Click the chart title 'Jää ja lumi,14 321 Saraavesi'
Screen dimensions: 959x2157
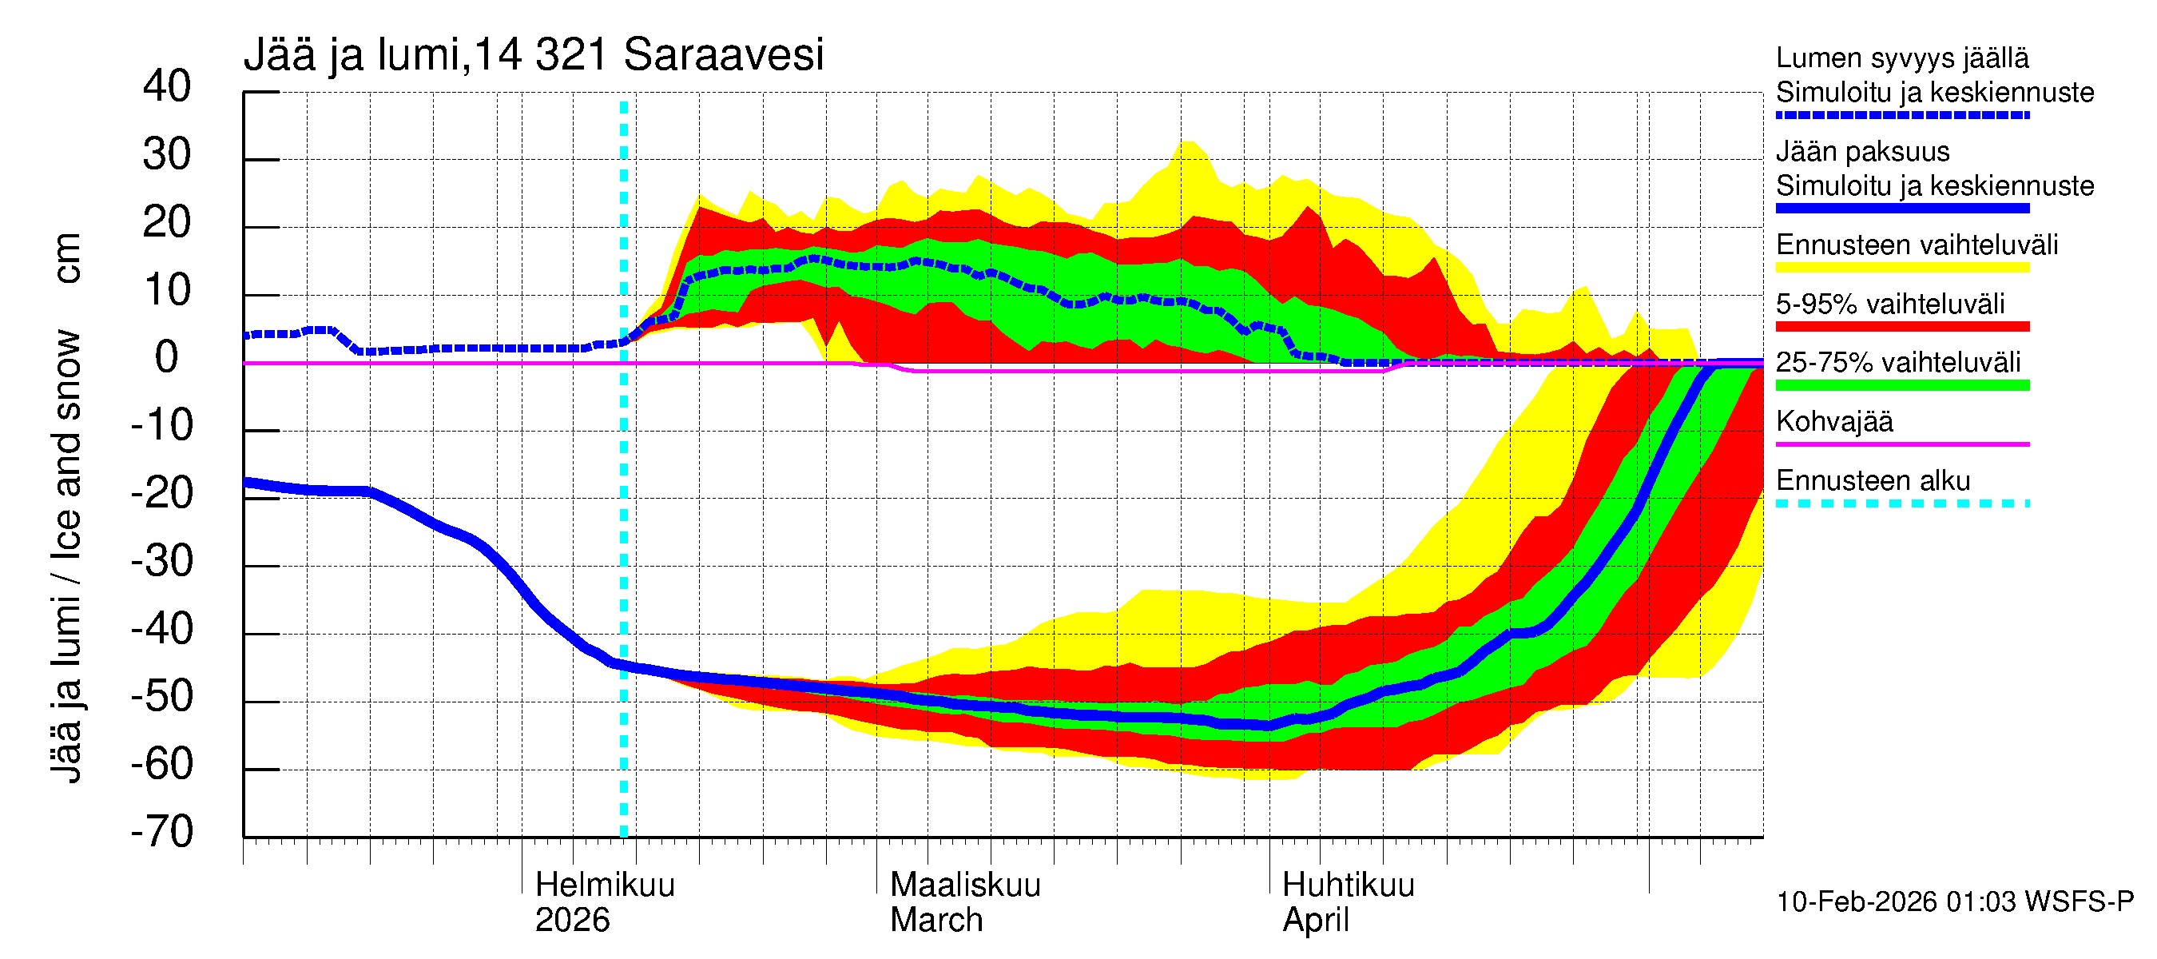tap(534, 55)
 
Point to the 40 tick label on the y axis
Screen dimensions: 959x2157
tap(167, 86)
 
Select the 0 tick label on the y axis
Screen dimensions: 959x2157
tap(167, 358)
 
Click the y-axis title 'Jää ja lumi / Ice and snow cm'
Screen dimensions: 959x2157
tap(66, 507)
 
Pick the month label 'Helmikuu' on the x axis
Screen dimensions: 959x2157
tap(605, 885)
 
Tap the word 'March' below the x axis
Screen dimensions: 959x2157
tap(935, 920)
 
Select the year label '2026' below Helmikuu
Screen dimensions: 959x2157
tap(572, 920)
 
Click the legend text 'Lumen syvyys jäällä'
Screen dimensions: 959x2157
tap(1901, 58)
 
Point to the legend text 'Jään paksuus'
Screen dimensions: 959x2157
tap(1862, 152)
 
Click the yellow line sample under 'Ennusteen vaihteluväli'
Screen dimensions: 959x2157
tap(1901, 267)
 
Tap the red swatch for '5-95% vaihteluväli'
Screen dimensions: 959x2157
tap(1901, 326)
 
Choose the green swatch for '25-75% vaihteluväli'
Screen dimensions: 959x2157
tap(1901, 384)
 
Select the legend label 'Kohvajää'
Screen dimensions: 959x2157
tap(1833, 421)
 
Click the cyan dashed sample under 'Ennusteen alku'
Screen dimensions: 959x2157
tap(1901, 503)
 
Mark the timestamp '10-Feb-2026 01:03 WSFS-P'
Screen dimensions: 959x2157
tap(1954, 901)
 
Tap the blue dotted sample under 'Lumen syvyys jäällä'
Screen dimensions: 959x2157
tap(1901, 115)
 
